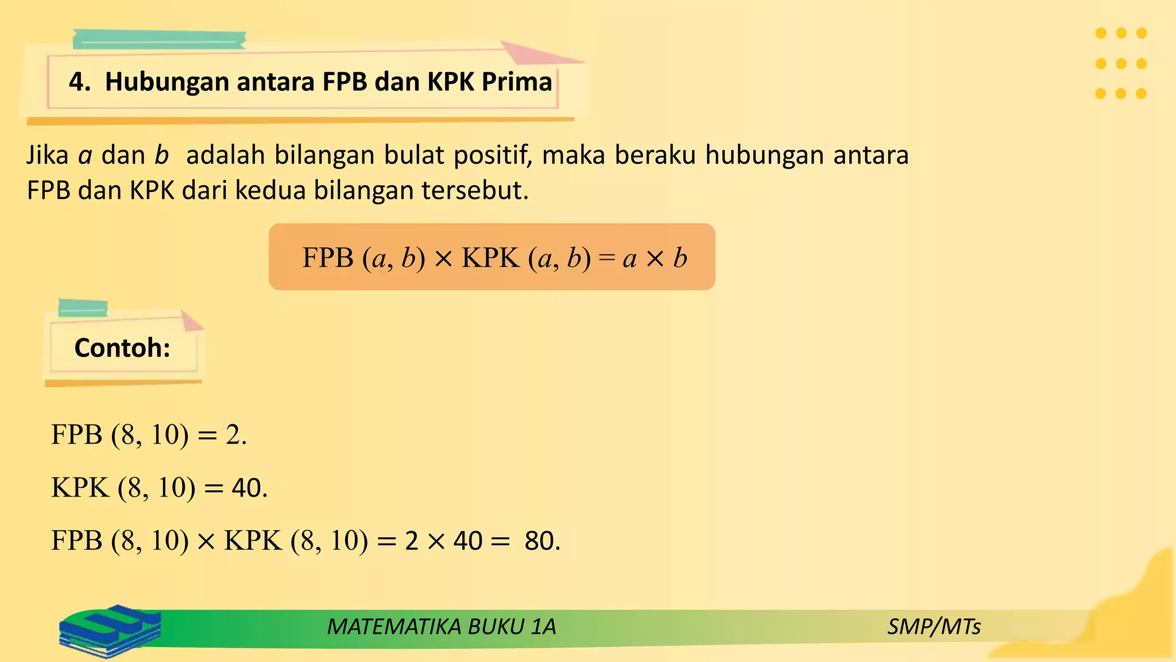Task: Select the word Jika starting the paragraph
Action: pos(47,155)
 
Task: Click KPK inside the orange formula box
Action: pos(490,257)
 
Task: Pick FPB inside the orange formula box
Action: pos(328,257)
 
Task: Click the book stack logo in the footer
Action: pos(109,630)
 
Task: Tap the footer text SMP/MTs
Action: pos(934,626)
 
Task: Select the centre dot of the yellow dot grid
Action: pos(1121,63)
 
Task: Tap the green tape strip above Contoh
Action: pos(83,307)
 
